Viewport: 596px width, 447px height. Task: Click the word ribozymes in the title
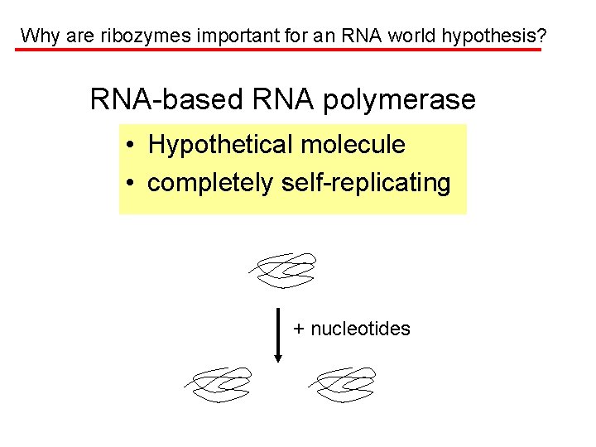[x=136, y=36]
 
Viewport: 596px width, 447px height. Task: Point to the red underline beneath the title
[x=278, y=50]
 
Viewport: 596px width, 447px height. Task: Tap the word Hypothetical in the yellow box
[x=219, y=145]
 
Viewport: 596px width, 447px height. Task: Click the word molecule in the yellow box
[x=353, y=145]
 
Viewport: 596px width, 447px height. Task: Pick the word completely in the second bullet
[x=209, y=183]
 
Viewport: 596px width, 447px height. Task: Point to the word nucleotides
[x=360, y=329]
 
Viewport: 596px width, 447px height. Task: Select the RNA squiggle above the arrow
[x=284, y=270]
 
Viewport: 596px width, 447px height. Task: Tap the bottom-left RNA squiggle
[x=218, y=384]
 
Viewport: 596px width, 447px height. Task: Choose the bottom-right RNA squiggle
[x=342, y=384]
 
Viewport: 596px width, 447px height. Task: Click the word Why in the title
[x=36, y=36]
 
